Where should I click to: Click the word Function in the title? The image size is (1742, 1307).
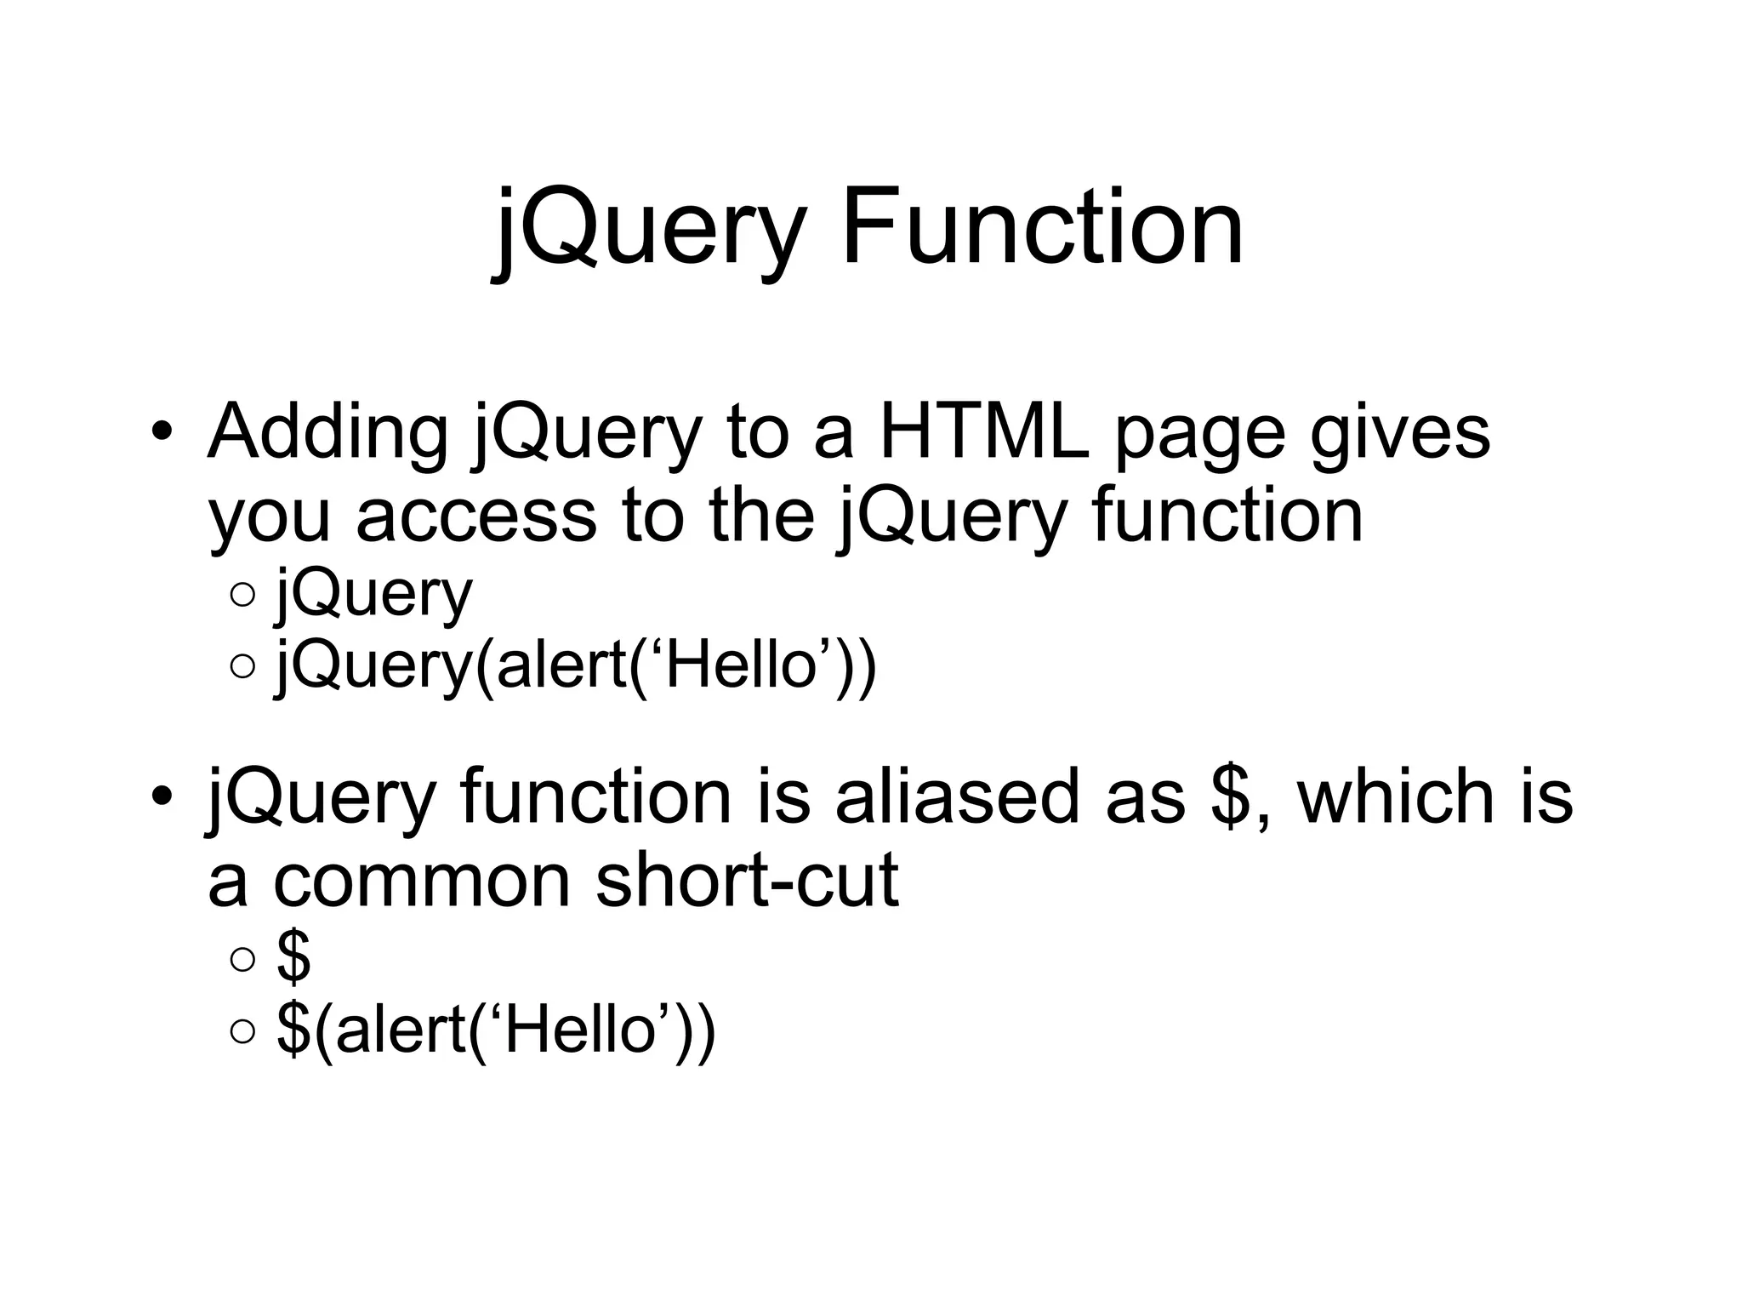tap(1042, 228)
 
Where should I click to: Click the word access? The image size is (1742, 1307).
tap(476, 516)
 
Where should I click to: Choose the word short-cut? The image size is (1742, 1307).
tap(747, 881)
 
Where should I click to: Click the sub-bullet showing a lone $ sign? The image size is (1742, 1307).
tap(294, 958)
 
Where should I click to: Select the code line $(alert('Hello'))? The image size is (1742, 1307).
tap(496, 1030)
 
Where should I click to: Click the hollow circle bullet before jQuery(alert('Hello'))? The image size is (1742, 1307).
tap(242, 667)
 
